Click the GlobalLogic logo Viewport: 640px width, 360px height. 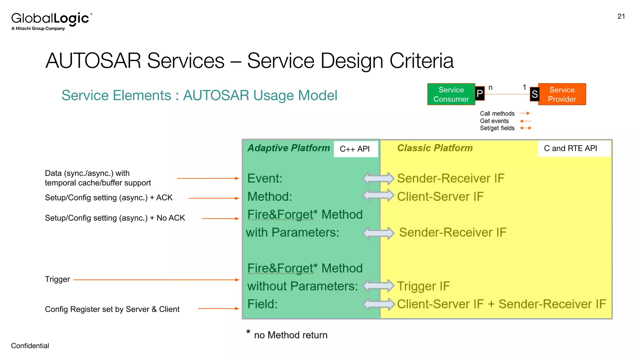[52, 21]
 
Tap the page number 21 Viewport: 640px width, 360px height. [621, 17]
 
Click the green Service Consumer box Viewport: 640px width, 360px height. [451, 94]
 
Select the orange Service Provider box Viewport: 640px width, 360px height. [562, 94]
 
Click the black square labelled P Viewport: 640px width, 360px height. [480, 93]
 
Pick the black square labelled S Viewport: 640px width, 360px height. [534, 94]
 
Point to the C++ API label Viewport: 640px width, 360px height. [355, 149]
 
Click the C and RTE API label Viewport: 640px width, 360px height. [570, 148]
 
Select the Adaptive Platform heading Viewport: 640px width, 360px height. [288, 148]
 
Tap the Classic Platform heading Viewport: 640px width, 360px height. [435, 148]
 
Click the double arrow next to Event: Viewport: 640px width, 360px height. [378, 178]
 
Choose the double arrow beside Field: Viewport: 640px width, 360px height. [379, 304]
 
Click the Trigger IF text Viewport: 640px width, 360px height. [423, 286]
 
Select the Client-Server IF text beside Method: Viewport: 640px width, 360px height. [440, 197]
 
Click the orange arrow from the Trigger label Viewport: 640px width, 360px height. [156, 280]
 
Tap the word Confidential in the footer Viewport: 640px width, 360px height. [30, 346]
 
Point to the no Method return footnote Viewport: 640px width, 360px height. [290, 335]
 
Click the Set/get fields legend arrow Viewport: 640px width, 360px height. [526, 128]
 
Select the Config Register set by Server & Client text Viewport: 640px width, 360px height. [112, 309]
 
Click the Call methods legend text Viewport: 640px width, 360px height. [497, 114]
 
